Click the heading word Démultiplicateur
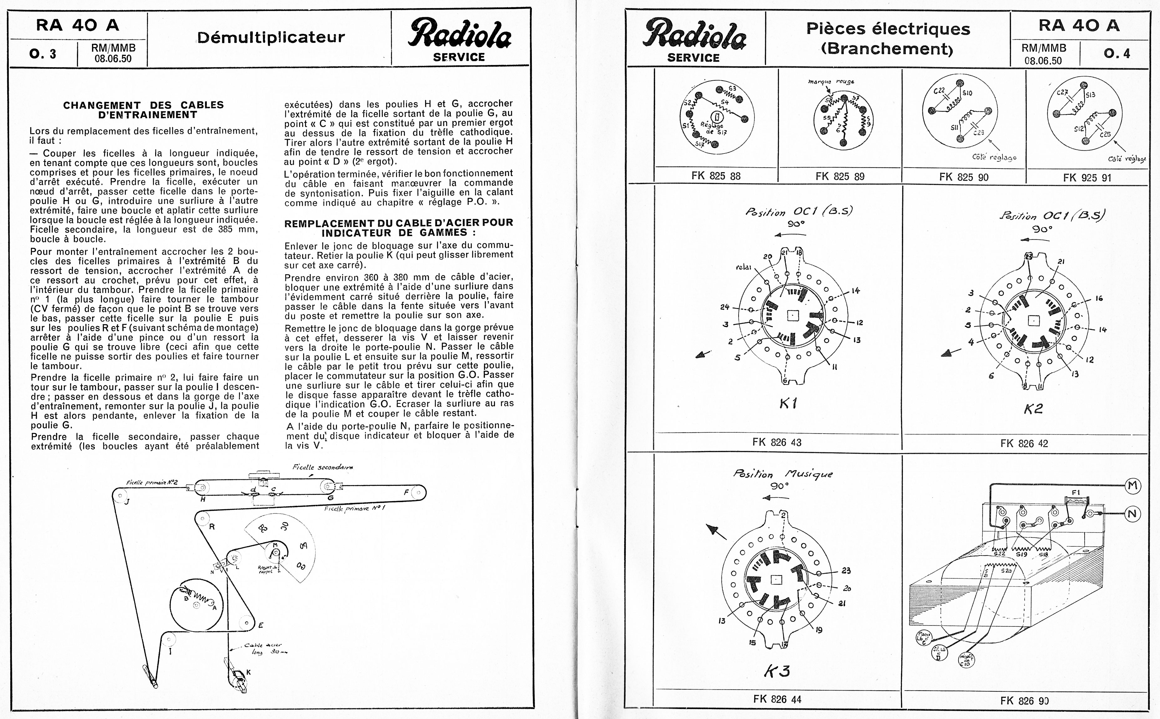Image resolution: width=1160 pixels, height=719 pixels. pyautogui.click(x=271, y=37)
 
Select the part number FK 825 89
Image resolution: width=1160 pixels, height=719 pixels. pyautogui.click(x=839, y=176)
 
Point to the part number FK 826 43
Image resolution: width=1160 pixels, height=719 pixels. pyautogui.click(x=776, y=442)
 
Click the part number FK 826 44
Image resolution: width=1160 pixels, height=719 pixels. pyautogui.click(x=777, y=699)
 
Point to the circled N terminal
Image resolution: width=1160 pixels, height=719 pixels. pyautogui.click(x=1132, y=514)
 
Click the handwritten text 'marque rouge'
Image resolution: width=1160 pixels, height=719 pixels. pyautogui.click(x=831, y=81)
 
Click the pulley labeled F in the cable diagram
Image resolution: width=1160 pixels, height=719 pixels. pyautogui.click(x=418, y=493)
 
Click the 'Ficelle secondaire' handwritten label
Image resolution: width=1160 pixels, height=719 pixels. pyautogui.click(x=323, y=467)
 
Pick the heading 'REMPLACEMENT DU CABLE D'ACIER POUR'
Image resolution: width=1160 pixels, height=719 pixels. pyautogui.click(x=398, y=223)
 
